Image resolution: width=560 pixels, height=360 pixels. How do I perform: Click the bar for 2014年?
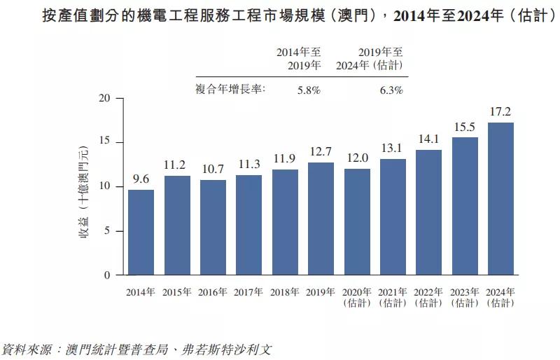coord(141,233)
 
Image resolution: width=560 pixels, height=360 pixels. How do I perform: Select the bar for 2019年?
coord(321,219)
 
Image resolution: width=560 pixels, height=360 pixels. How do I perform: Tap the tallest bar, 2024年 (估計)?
coord(500,199)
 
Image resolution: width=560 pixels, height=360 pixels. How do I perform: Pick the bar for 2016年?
coord(213,228)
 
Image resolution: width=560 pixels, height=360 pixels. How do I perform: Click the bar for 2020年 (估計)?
coord(357,222)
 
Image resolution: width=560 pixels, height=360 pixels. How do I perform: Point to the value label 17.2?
coord(500,112)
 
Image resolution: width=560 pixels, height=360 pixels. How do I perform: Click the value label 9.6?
coord(141,180)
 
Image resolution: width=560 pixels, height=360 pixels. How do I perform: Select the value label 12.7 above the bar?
coord(321,152)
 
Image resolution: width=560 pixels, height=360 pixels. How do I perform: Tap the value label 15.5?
coord(465,127)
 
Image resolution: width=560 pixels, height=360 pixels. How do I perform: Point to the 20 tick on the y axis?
coord(106,99)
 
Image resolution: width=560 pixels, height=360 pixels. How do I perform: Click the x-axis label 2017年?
coord(248,292)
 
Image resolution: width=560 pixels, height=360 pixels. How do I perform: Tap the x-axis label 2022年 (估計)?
coord(428,297)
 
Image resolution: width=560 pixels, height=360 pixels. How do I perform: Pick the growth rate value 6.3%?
coord(390,90)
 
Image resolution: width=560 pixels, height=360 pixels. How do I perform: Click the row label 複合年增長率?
coord(230,89)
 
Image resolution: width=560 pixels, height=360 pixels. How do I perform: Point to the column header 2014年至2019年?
coord(298,59)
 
